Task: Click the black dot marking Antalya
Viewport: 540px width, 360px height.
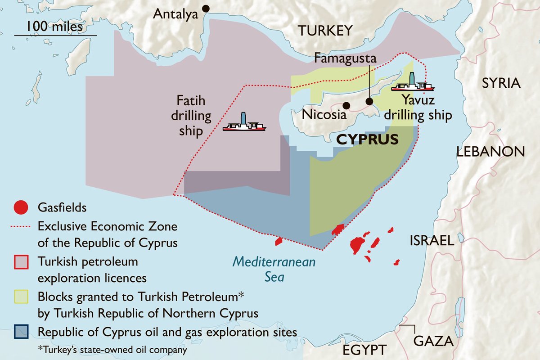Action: click(x=206, y=8)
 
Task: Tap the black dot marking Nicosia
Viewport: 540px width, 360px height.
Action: click(x=346, y=105)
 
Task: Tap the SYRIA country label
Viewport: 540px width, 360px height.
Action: click(x=501, y=83)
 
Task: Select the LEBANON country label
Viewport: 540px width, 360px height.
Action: click(x=490, y=152)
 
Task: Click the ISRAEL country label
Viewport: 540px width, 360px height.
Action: click(x=432, y=241)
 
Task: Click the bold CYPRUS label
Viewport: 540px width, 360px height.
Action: click(x=368, y=139)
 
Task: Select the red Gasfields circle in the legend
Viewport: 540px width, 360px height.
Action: click(x=21, y=208)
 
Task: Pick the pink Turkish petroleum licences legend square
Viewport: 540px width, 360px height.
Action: click(x=21, y=261)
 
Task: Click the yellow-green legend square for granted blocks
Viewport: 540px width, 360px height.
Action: click(x=21, y=297)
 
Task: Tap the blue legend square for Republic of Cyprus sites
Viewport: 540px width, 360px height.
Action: click(x=21, y=332)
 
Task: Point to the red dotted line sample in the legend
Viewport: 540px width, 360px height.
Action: click(x=21, y=225)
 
